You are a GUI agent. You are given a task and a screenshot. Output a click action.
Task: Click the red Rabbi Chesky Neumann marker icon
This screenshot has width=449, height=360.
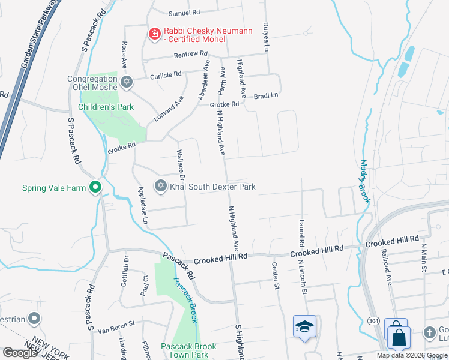(x=155, y=34)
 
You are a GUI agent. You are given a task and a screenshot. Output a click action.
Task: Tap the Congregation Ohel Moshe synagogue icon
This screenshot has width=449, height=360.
(x=126, y=82)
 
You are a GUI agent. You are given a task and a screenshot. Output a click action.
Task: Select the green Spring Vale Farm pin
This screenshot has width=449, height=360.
(x=95, y=188)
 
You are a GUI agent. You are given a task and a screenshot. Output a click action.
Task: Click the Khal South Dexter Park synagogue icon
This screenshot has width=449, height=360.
(x=160, y=187)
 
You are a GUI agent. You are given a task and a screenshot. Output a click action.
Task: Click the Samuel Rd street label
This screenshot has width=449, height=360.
(x=184, y=13)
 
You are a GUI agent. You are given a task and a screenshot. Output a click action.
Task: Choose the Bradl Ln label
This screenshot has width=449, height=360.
(x=266, y=95)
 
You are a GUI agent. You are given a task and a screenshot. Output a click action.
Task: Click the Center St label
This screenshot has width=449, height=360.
(x=277, y=276)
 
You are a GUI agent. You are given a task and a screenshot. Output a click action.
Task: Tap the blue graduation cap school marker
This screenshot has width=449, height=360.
(x=304, y=326)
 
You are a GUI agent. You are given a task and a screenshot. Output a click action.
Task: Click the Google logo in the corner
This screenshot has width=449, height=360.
(x=20, y=352)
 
